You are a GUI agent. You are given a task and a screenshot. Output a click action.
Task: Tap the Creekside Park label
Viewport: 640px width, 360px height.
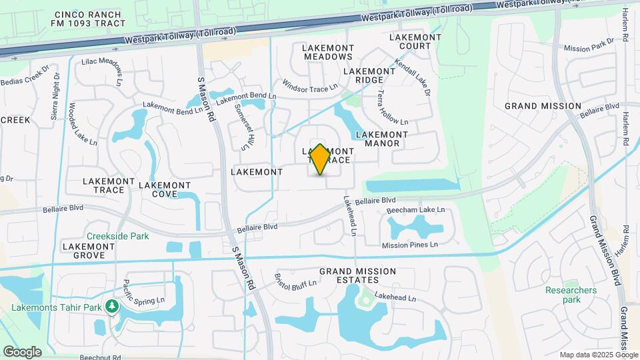117,236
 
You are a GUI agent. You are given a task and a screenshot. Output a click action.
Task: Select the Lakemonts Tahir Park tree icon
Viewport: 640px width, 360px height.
113,306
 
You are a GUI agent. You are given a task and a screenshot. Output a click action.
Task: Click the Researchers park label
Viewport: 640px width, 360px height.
571,295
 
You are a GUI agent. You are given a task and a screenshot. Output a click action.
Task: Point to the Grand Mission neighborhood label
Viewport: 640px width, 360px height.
543,106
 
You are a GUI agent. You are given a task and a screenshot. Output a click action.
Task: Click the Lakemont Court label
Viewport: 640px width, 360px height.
415,41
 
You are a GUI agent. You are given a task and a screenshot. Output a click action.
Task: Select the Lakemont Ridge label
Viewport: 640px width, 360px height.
369,75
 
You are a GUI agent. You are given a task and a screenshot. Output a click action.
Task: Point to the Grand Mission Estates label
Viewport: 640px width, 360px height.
357,276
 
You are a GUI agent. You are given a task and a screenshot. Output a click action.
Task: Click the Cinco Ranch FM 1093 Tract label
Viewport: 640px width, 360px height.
83,19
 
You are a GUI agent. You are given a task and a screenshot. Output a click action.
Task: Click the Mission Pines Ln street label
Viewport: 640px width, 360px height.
409,245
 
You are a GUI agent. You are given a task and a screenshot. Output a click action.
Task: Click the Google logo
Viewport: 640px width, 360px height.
23,351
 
